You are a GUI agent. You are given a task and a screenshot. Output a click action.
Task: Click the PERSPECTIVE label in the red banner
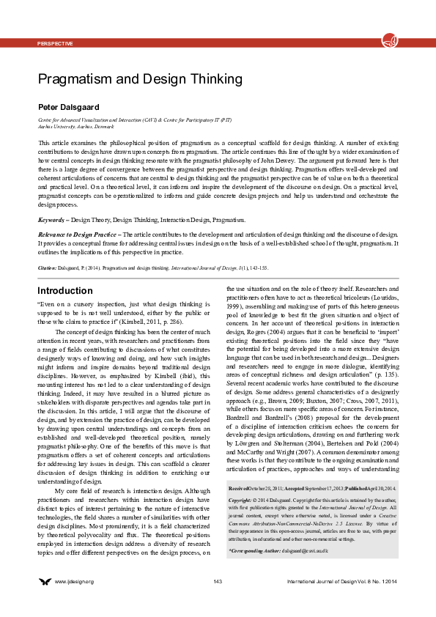[55, 43]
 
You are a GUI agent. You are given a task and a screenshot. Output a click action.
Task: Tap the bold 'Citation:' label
[47, 268]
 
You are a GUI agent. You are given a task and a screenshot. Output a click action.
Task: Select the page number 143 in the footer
[218, 602]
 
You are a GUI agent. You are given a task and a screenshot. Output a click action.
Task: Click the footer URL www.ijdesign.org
[74, 602]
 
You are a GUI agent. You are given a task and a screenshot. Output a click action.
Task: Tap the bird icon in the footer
[45, 602]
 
